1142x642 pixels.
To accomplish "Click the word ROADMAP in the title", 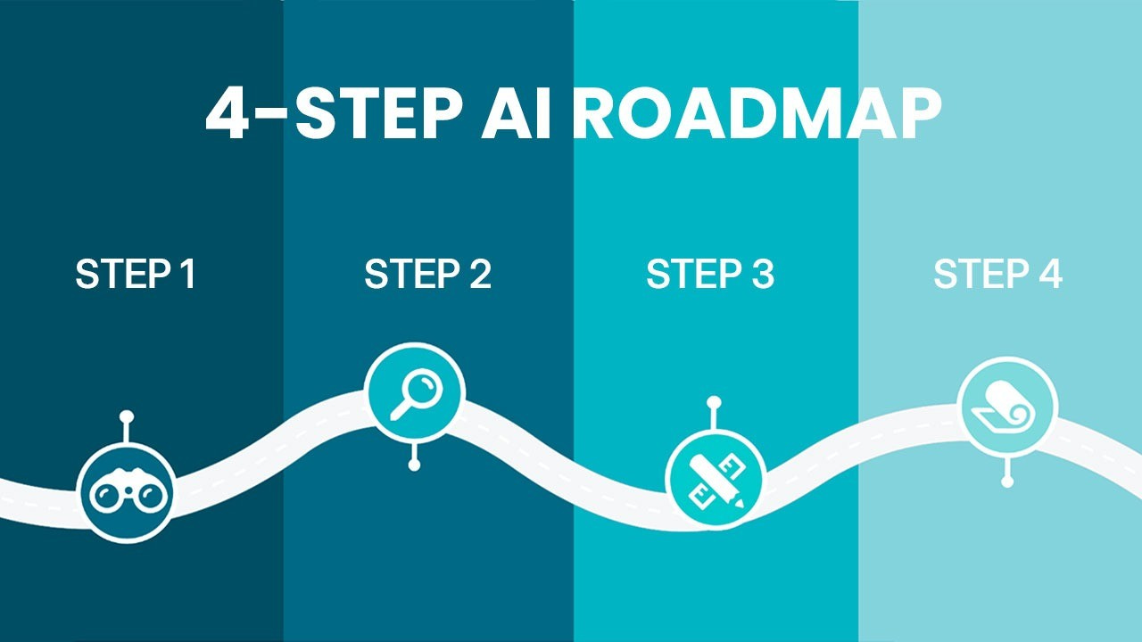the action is pos(757,113).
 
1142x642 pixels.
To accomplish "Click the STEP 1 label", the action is pos(136,275).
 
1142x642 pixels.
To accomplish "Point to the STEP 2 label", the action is pos(427,275).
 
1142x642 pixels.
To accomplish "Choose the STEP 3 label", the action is pos(710,275).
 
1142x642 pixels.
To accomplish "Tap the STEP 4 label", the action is pos(997,275).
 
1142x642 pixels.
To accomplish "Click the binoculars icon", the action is pos(125,493).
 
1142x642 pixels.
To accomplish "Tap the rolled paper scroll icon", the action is pos(1007,407).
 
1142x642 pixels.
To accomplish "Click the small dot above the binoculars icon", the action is pos(126,416).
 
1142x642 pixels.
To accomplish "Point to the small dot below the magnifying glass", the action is pos(414,465).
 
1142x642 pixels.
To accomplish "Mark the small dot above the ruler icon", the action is pos(713,402).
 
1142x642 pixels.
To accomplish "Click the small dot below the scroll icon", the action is pos(1007,481).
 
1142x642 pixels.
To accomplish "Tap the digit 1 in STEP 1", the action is pos(186,275).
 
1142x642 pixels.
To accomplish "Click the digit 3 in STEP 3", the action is pos(762,275).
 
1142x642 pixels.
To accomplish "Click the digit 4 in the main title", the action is pos(228,113).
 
